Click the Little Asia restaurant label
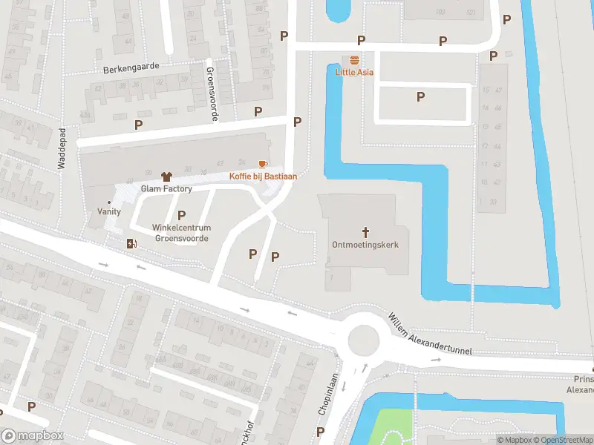pos(354,73)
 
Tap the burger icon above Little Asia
pos(354,60)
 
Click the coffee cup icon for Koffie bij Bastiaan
pos(261,163)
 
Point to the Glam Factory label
pos(166,189)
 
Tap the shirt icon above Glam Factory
pos(166,177)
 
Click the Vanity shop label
pos(109,211)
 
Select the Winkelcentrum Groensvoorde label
pos(182,233)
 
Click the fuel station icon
pos(132,243)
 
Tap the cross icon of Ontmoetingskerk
pos(365,232)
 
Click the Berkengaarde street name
pos(131,67)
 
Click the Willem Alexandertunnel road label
pos(430,334)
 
